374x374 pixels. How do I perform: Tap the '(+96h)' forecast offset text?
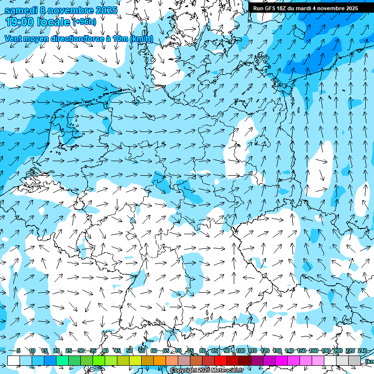pos(84,22)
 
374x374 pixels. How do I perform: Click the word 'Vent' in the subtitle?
pos(15,38)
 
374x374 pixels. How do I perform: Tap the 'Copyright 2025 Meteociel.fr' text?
pos(207,371)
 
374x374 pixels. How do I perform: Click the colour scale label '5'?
pos(19,351)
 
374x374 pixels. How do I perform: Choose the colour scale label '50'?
pos(130,351)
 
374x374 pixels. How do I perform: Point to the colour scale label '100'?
pos(240,351)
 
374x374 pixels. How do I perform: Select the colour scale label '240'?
pos(362,351)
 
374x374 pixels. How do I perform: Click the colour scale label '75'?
pos(190,351)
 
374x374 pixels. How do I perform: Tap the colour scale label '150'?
pos(301,351)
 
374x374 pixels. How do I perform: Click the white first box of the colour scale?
pos(14,360)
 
